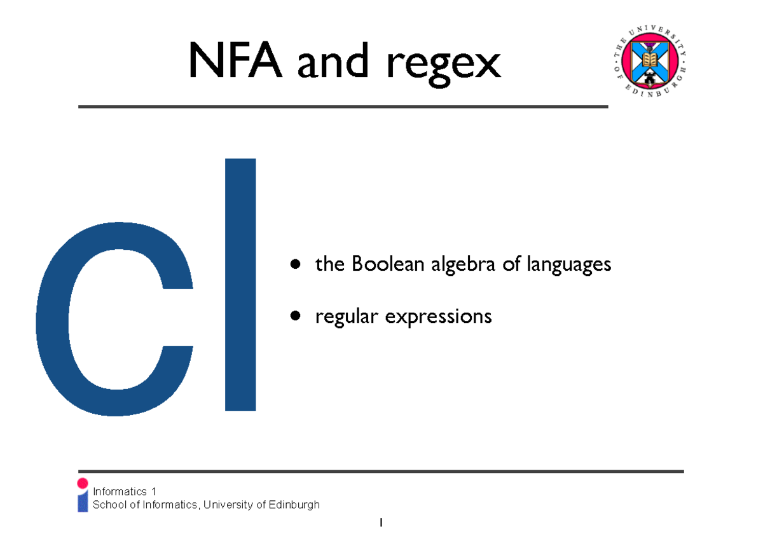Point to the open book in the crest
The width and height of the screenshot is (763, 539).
pos(649,60)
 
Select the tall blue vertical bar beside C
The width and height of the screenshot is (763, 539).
pos(240,284)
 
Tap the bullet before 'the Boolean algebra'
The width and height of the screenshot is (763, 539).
pos(294,264)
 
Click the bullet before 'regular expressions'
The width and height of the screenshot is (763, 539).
pos(294,315)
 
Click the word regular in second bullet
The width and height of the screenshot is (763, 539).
pos(341,316)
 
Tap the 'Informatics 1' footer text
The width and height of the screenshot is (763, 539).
pos(124,491)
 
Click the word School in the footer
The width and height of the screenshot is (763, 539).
pos(109,505)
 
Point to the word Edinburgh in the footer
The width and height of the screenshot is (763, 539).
pos(294,505)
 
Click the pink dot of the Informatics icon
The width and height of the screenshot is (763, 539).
pos(82,484)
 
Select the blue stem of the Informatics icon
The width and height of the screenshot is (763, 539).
pos(83,502)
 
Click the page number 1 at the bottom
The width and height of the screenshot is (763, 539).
pos(381,523)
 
